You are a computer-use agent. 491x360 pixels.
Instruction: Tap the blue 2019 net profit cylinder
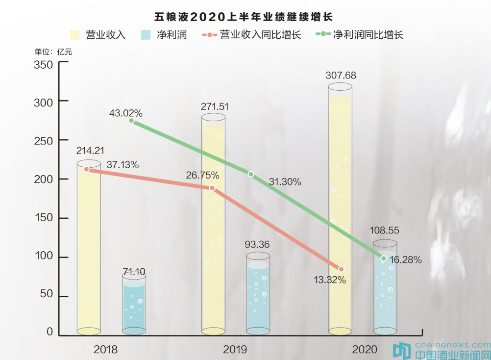point(258,294)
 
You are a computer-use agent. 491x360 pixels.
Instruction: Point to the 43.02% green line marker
point(131,121)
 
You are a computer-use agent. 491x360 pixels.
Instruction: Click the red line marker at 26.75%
point(212,188)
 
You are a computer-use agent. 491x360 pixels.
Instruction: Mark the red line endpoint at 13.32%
point(341,269)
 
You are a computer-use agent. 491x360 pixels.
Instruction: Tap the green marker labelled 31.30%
point(251,174)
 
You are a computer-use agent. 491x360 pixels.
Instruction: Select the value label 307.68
point(341,76)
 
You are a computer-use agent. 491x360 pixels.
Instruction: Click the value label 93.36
point(258,244)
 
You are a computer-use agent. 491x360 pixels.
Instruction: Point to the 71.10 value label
point(134,272)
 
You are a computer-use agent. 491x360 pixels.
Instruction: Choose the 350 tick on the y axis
point(43,65)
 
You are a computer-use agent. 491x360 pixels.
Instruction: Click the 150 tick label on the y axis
point(43,218)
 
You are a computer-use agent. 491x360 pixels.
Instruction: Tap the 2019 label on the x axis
point(235,350)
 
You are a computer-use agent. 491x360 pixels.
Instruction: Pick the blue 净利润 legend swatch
point(146,35)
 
